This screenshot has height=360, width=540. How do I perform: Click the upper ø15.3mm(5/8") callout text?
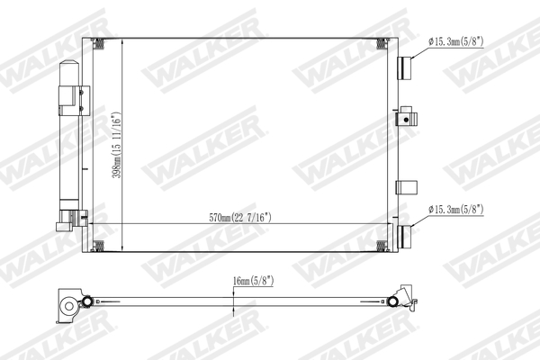[456, 41]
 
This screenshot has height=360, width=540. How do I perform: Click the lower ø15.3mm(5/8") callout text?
[456, 209]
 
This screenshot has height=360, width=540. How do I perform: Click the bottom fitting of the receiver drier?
[70, 219]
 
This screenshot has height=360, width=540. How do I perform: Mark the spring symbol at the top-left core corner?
[100, 44]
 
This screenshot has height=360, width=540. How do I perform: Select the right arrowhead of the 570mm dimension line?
[388, 223]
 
